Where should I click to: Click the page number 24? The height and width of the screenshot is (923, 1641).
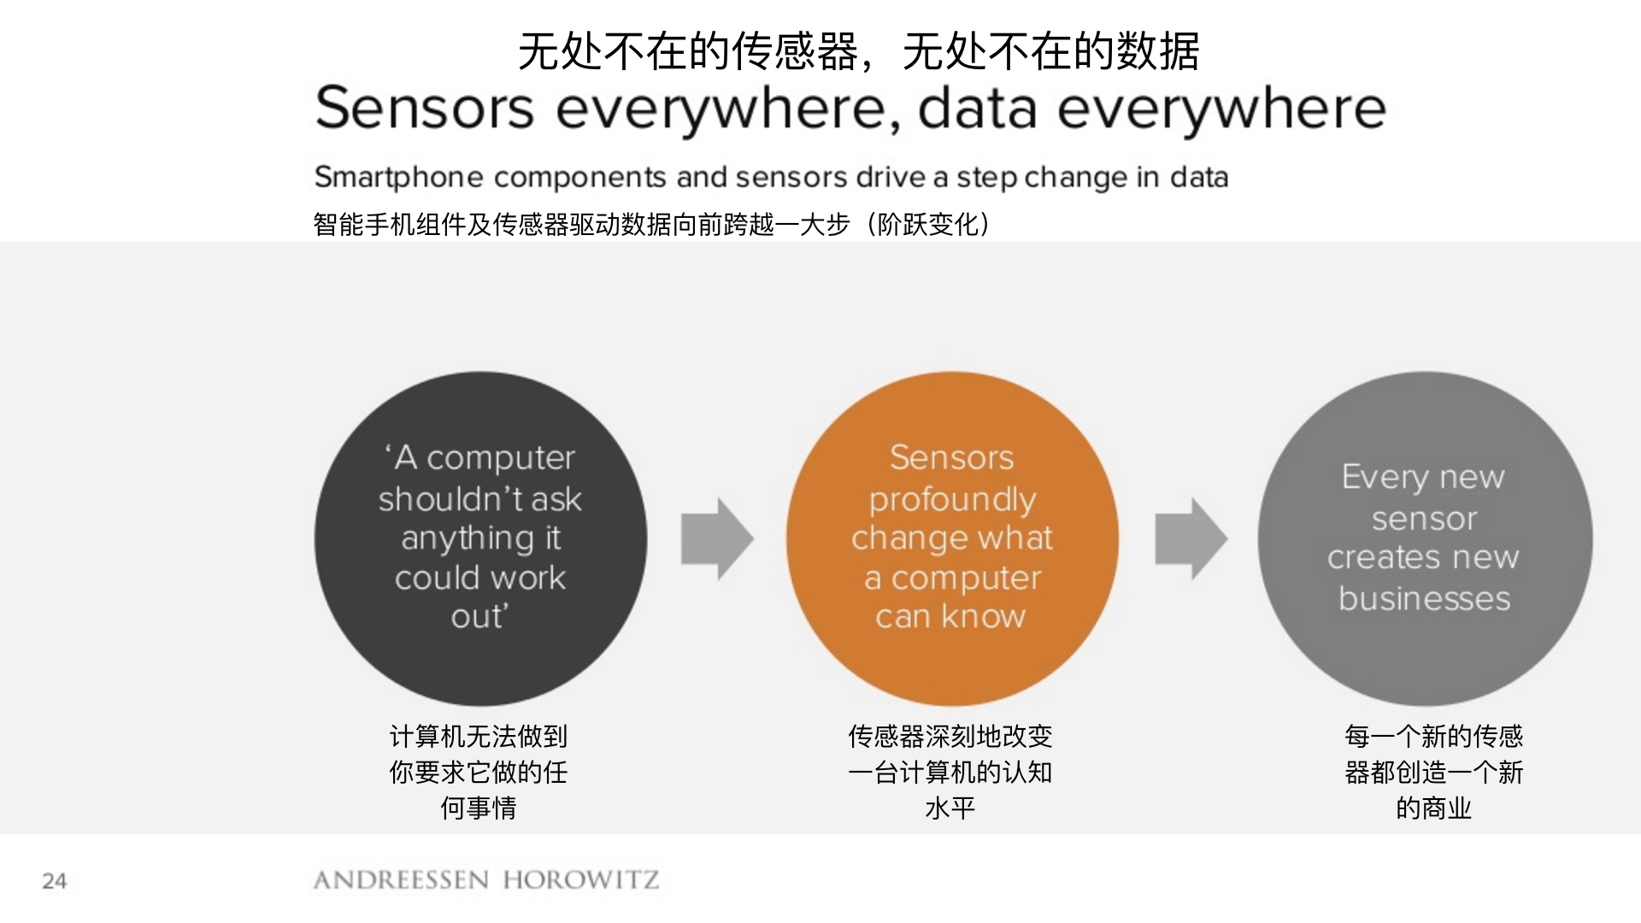pyautogui.click(x=54, y=880)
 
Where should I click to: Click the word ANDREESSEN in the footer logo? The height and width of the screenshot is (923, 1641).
pyautogui.click(x=401, y=880)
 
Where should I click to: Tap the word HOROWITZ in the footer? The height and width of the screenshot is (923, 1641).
pyautogui.click(x=581, y=880)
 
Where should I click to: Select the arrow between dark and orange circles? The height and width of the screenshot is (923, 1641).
pyautogui.click(x=716, y=539)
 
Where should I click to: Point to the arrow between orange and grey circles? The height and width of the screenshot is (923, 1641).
pyautogui.click(x=1191, y=539)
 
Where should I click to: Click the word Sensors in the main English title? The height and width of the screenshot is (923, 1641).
pyautogui.click(x=425, y=109)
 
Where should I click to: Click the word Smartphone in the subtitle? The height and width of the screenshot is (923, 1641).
pyautogui.click(x=398, y=178)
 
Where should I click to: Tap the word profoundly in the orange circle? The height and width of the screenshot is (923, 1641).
pyautogui.click(x=952, y=500)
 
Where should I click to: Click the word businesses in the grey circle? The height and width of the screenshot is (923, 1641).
pyautogui.click(x=1424, y=598)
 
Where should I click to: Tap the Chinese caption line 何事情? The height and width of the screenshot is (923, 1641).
pyautogui.click(x=479, y=808)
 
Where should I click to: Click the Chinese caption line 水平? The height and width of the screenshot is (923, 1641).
pyautogui.click(x=950, y=808)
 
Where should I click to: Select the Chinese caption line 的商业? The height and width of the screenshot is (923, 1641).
pyautogui.click(x=1433, y=808)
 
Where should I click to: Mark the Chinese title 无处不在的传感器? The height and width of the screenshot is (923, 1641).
pyautogui.click(x=688, y=51)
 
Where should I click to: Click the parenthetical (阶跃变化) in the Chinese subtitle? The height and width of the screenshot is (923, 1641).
pyautogui.click(x=928, y=225)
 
